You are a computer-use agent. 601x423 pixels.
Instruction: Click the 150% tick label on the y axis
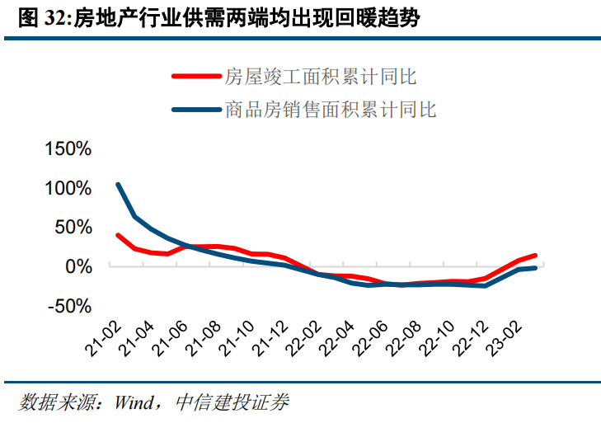[x=68, y=149]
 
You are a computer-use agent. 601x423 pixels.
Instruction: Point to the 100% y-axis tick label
[x=68, y=188]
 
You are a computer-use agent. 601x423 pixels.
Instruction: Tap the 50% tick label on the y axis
[x=73, y=228]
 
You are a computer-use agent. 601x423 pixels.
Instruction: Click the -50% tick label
[x=69, y=306]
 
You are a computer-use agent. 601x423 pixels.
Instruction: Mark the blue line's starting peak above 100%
[x=119, y=185]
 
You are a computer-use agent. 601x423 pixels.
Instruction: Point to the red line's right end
[x=535, y=256]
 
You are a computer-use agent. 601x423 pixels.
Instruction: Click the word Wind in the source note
[x=135, y=403]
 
